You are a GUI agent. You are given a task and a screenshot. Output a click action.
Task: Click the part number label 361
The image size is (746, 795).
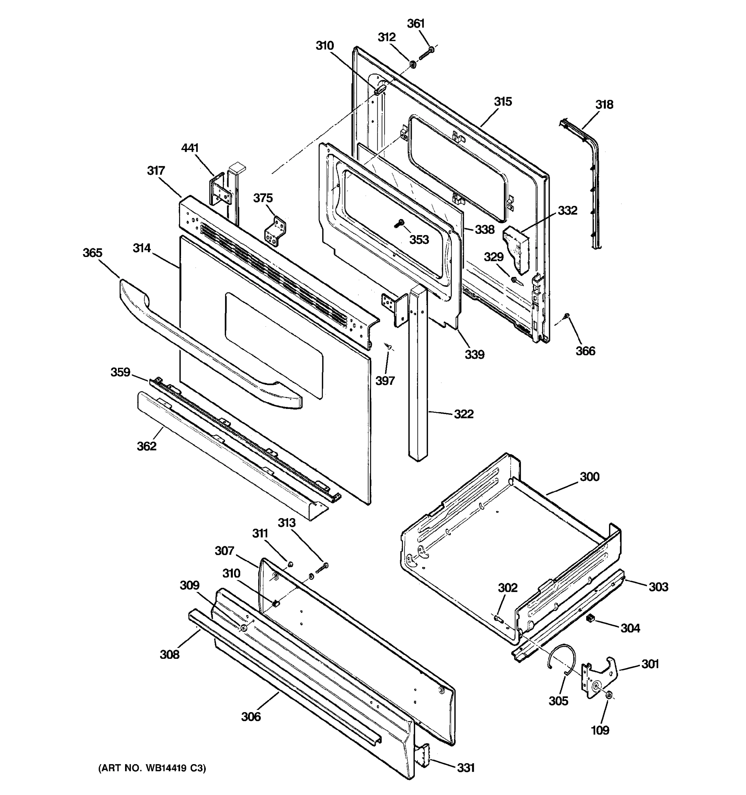pos(415,24)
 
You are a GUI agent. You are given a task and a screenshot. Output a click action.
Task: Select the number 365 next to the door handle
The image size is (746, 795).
pos(93,253)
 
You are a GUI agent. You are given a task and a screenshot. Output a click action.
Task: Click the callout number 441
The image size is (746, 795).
pos(190,148)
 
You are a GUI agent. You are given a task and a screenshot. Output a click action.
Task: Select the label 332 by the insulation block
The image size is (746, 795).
pos(568,210)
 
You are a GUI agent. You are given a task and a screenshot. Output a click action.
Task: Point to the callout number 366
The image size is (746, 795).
pos(585,351)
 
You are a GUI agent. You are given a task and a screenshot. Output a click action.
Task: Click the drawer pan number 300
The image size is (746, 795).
pos(590,477)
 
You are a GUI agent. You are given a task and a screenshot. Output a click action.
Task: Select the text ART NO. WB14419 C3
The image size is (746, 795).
pos(152,768)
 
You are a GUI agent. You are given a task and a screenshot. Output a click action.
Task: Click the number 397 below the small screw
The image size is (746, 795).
pos(385,381)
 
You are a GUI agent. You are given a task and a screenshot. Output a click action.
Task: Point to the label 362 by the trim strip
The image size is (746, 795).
pos(147,446)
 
